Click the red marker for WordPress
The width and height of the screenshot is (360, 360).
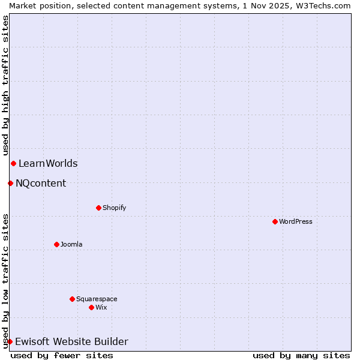pyautogui.click(x=275, y=221)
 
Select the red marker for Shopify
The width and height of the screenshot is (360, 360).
pyautogui.click(x=98, y=208)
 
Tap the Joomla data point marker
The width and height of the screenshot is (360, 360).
pyautogui.click(x=56, y=244)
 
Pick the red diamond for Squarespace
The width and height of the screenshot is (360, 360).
pyautogui.click(x=72, y=299)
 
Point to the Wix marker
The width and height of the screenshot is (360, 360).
pyautogui.click(x=91, y=307)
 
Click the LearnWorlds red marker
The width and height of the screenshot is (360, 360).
pyautogui.click(x=13, y=163)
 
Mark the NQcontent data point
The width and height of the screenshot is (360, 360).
pyautogui.click(x=10, y=183)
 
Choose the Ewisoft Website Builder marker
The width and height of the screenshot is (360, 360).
pyautogui.click(x=10, y=341)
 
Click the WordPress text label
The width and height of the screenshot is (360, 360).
pyautogui.click(x=296, y=221)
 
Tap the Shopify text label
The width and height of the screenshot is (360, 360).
pyautogui.click(x=115, y=208)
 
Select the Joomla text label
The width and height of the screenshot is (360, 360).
pyautogui.click(x=71, y=244)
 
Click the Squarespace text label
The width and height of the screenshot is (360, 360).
pyautogui.click(x=97, y=299)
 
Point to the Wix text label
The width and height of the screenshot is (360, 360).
pyautogui.click(x=101, y=307)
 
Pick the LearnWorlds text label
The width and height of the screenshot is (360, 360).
pyautogui.click(x=48, y=163)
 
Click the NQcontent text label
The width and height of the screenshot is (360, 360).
pyautogui.click(x=41, y=183)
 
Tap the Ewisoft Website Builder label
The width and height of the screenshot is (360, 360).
pyautogui.click(x=71, y=341)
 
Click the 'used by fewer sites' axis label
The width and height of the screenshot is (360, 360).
pyautogui.click(x=62, y=355)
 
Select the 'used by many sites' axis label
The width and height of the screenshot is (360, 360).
pyautogui.click(x=301, y=355)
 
